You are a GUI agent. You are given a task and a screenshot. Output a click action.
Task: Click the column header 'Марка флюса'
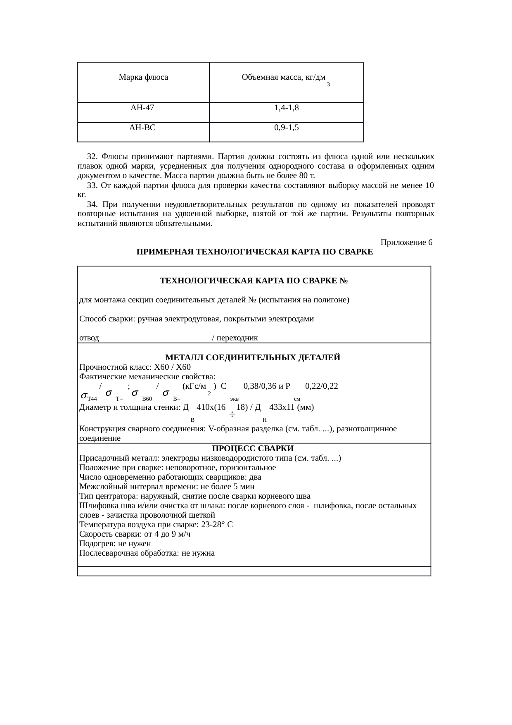pyautogui.click(x=143, y=77)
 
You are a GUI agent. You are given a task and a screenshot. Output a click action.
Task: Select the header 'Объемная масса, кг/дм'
pyautogui.click(x=283, y=77)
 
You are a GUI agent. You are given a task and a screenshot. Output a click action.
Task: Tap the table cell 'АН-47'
pyautogui.click(x=142, y=108)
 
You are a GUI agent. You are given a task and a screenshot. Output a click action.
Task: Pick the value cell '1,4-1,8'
pyautogui.click(x=287, y=108)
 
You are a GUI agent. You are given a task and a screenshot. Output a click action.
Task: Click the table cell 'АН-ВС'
pyautogui.click(x=142, y=128)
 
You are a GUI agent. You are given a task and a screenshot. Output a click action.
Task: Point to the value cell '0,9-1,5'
pyautogui.click(x=287, y=128)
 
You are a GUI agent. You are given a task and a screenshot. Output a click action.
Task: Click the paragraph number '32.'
pyautogui.click(x=92, y=157)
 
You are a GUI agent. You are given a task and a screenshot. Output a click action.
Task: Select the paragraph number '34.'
pyautogui.click(x=92, y=205)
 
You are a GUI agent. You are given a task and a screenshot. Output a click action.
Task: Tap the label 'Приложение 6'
pyautogui.click(x=406, y=242)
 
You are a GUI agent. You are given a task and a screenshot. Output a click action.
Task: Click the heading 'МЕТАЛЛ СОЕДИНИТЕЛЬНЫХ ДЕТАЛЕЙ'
pyautogui.click(x=253, y=358)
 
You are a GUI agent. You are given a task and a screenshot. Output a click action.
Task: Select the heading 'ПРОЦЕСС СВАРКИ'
pyautogui.click(x=253, y=449)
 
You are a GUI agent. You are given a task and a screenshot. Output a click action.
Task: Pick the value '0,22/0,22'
pyautogui.click(x=321, y=387)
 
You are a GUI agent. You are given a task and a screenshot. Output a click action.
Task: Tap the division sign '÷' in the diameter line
pyautogui.click(x=232, y=414)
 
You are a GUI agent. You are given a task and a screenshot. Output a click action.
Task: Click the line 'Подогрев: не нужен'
pyautogui.click(x=115, y=544)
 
